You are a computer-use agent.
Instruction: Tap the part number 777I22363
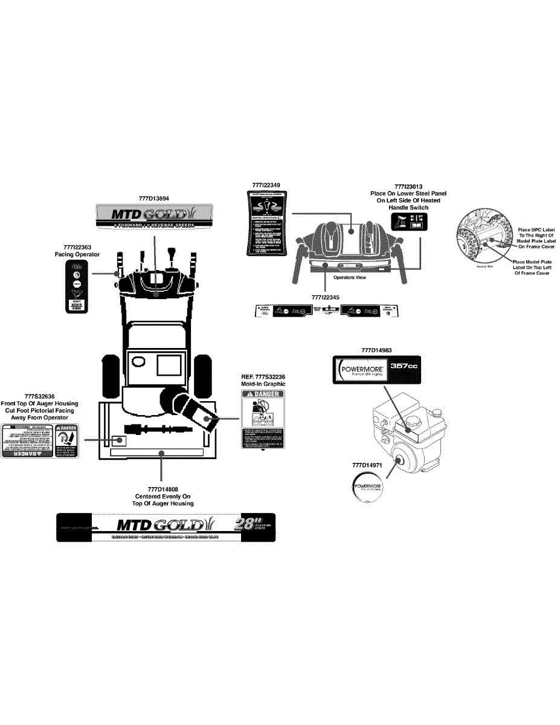pyautogui.click(x=77, y=247)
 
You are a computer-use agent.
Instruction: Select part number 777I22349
pyautogui.click(x=267, y=184)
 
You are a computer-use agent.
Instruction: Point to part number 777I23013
pyautogui.click(x=408, y=187)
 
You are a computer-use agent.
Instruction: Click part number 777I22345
pyautogui.click(x=326, y=297)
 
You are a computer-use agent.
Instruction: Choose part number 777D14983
pyautogui.click(x=376, y=350)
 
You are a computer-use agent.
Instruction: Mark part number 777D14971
pyautogui.click(x=367, y=465)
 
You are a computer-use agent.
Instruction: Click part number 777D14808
pyautogui.click(x=163, y=489)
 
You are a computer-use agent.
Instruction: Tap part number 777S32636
pyautogui.click(x=38, y=396)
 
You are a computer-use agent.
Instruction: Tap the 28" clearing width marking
pyautogui.click(x=246, y=524)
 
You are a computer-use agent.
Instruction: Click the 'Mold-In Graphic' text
pyautogui.click(x=263, y=384)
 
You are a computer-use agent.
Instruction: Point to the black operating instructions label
pyautogui.click(x=267, y=224)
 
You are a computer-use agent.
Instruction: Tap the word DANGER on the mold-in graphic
pyautogui.click(x=265, y=394)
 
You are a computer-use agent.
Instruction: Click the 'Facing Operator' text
pyautogui.click(x=77, y=254)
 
